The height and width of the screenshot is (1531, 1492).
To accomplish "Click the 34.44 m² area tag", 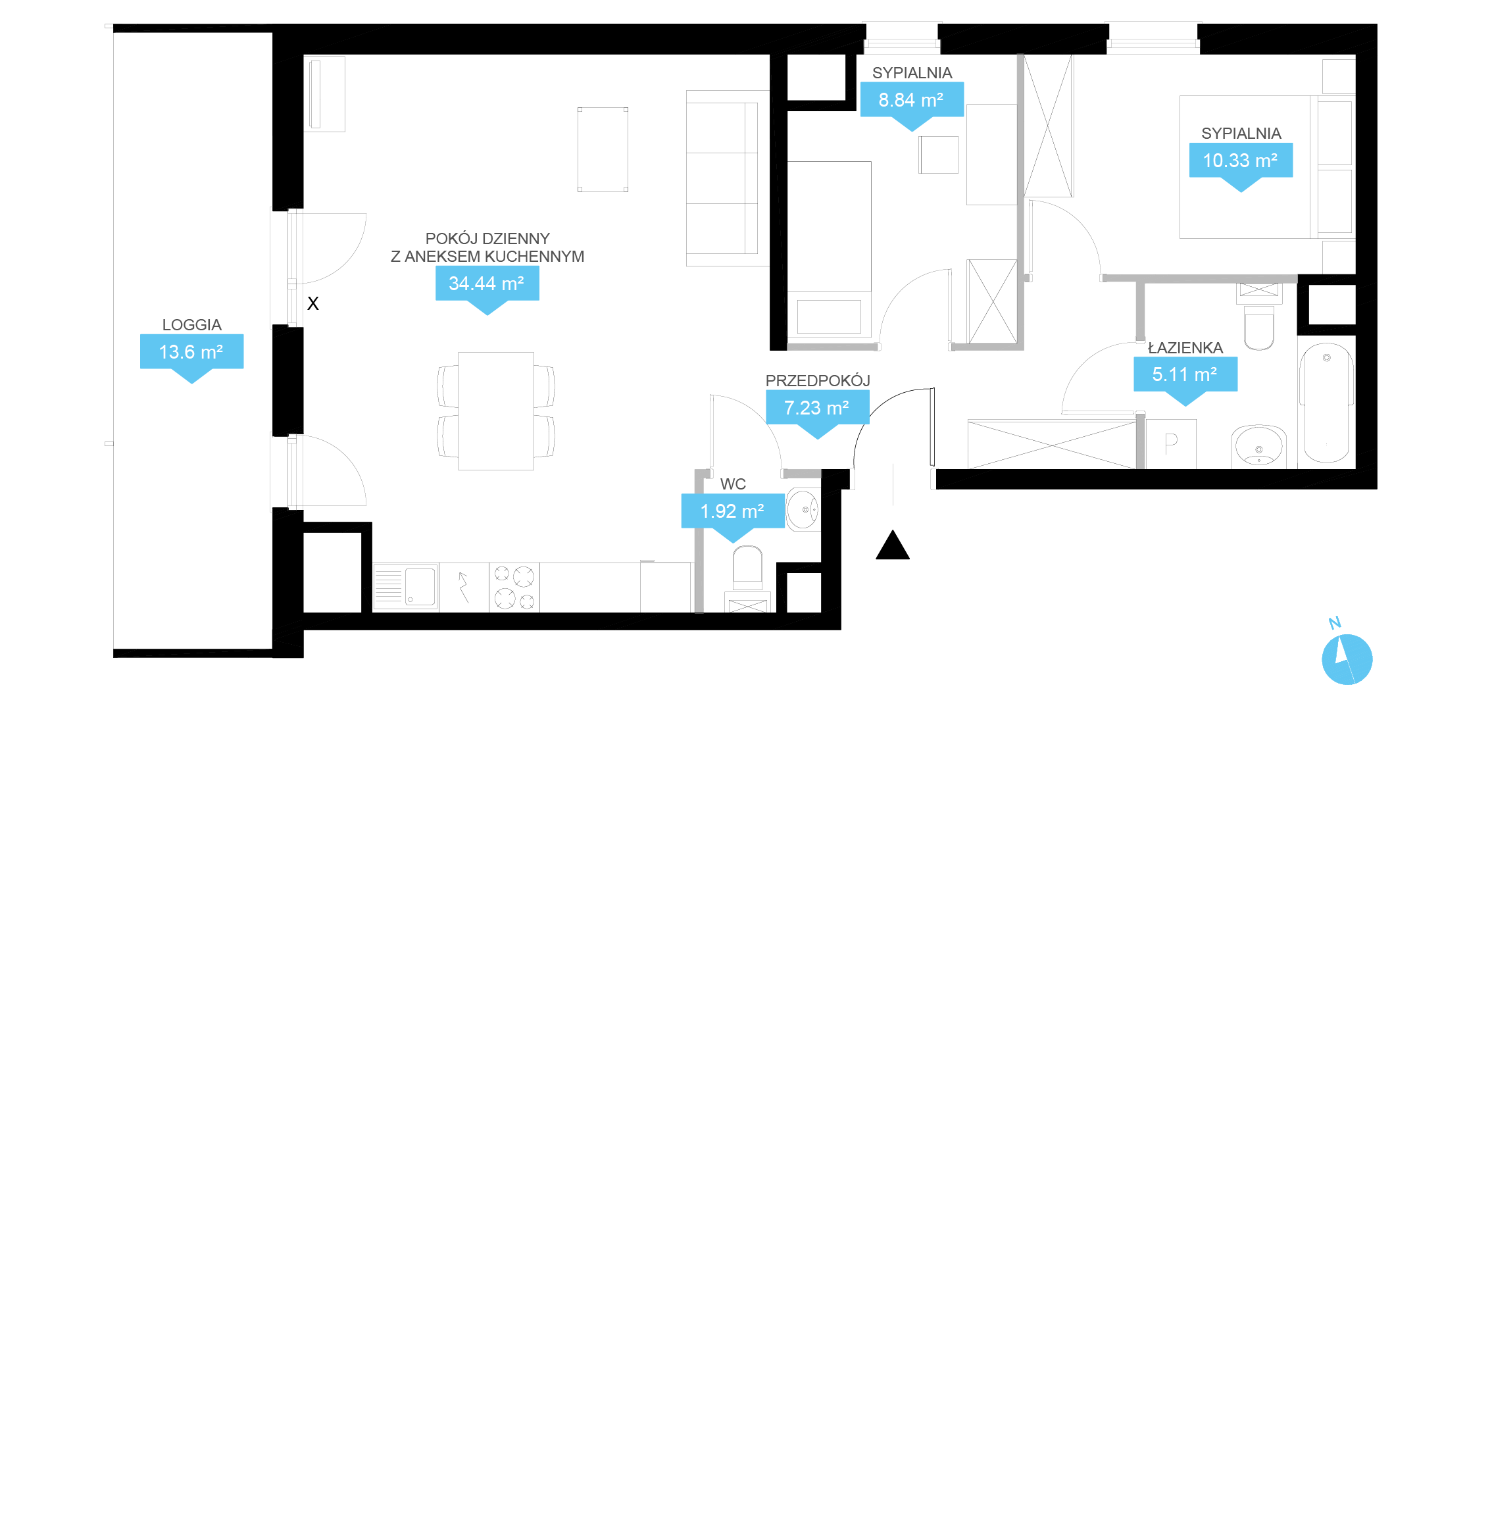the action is [487, 284].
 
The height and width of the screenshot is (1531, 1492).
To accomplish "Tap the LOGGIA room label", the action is [192, 324].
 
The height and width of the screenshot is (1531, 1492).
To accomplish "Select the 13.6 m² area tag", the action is [191, 352].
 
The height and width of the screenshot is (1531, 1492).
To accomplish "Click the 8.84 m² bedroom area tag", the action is [911, 100].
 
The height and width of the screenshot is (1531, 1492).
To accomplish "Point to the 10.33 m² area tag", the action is [1241, 161].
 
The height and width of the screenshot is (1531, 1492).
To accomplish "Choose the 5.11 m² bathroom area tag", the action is [1185, 374].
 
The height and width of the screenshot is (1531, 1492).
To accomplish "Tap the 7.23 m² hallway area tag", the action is [817, 407].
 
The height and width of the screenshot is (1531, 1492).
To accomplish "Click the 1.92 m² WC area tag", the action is [733, 511].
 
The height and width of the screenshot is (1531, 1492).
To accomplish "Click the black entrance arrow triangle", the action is [893, 546].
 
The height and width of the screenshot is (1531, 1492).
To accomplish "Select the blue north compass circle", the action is [1347, 660].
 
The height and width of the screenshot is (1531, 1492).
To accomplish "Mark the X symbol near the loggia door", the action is [312, 303].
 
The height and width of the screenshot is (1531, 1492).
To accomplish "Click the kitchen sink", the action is [405, 587].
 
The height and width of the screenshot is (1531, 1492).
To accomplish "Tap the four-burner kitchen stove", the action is [514, 588].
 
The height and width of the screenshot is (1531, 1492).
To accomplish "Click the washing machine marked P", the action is [1172, 444].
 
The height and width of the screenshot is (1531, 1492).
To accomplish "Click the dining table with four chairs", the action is [496, 411].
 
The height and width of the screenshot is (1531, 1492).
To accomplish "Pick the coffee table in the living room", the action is [603, 149].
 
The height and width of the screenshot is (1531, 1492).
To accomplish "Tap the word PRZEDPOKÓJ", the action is [817, 381].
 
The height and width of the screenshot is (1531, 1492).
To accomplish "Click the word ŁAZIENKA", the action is [1185, 348].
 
